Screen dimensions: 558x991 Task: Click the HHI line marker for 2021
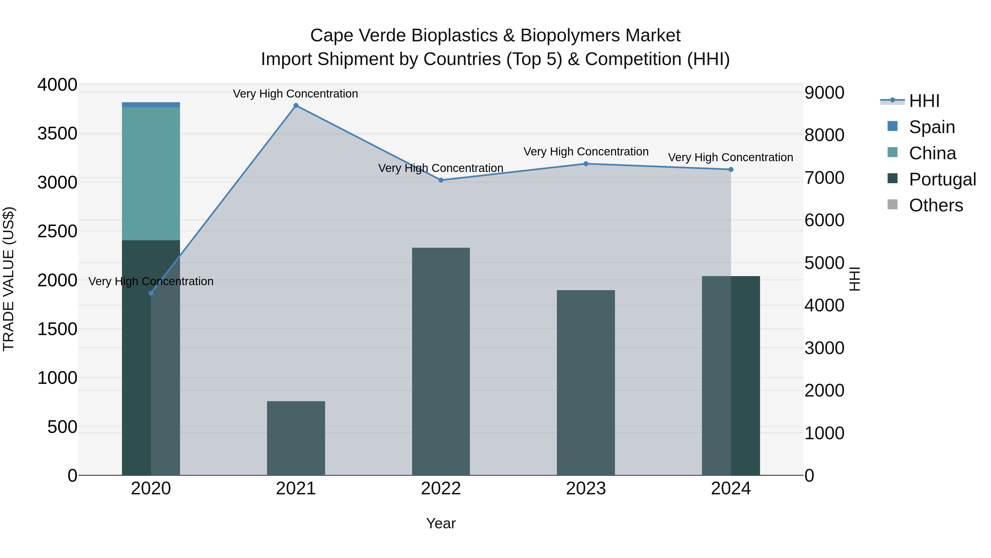pyautogui.click(x=296, y=106)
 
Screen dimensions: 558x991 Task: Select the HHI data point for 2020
pyautogui.click(x=151, y=293)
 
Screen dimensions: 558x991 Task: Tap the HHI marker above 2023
pyautogui.click(x=586, y=164)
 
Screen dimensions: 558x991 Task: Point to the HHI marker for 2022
pyautogui.click(x=441, y=180)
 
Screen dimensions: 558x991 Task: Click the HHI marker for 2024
pyautogui.click(x=731, y=169)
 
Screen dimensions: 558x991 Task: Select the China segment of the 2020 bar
pyautogui.click(x=151, y=173)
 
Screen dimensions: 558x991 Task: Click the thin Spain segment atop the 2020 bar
pyautogui.click(x=151, y=105)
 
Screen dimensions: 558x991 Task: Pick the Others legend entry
pyautogui.click(x=936, y=206)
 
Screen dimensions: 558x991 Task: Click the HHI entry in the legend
pyautogui.click(x=924, y=101)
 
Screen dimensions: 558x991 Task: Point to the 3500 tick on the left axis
pyautogui.click(x=57, y=134)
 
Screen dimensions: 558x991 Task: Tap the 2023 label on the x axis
pyautogui.click(x=586, y=489)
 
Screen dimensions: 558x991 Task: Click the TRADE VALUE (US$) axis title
pyautogui.click(x=9, y=279)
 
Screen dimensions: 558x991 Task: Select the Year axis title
pyautogui.click(x=441, y=523)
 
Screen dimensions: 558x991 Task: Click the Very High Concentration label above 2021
pyautogui.click(x=295, y=94)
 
